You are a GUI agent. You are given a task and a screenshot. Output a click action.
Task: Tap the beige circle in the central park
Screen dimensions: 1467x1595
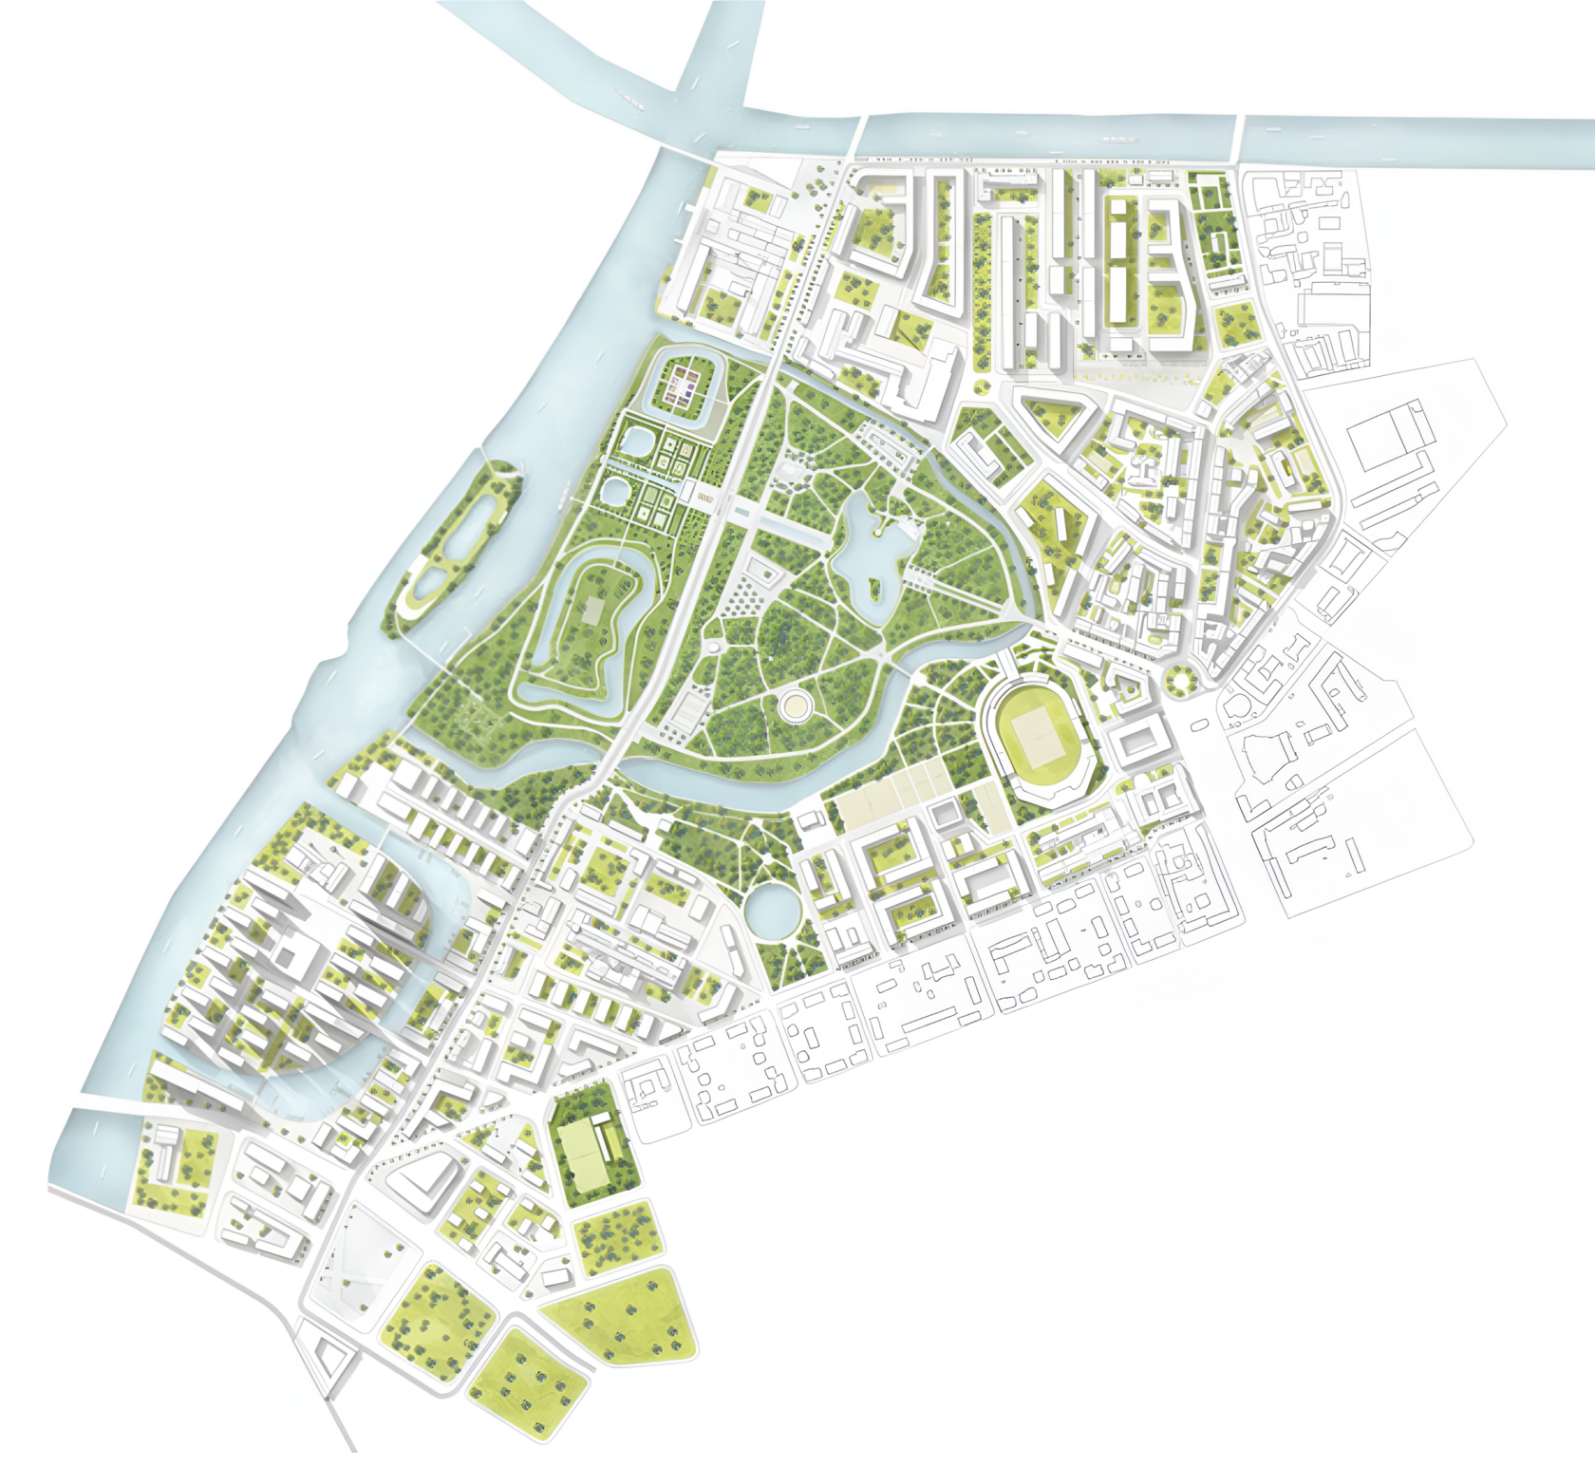[795, 705]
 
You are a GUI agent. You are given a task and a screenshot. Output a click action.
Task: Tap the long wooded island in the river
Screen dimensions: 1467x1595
[454, 546]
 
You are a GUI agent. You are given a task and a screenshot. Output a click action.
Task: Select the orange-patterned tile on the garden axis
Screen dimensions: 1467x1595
[704, 497]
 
